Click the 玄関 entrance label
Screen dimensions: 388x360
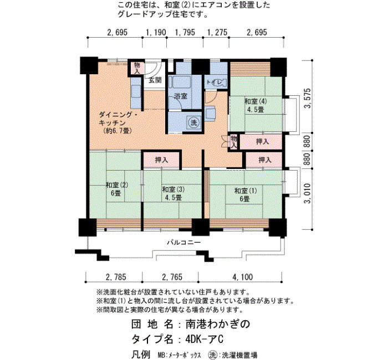click(155, 80)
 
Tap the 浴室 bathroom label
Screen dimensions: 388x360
click(181, 96)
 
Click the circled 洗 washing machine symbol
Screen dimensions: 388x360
click(193, 122)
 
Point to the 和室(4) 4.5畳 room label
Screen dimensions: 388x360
click(256, 105)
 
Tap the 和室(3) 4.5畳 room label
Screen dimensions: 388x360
click(173, 194)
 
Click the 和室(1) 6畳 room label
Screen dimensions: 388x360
click(245, 194)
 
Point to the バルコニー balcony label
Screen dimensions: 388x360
click(183, 242)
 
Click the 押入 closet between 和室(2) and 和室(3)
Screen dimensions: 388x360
click(162, 160)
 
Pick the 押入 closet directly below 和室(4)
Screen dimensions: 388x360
click(262, 141)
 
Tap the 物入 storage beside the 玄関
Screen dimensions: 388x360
click(137, 68)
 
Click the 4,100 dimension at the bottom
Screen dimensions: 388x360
click(243, 277)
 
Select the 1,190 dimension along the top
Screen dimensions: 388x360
click(156, 32)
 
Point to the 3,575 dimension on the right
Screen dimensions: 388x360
click(308, 98)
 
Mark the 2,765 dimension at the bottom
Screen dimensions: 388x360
click(172, 277)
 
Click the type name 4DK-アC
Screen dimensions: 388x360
click(205, 339)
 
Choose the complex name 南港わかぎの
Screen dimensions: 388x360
click(218, 325)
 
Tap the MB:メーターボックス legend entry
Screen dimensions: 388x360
click(179, 355)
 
